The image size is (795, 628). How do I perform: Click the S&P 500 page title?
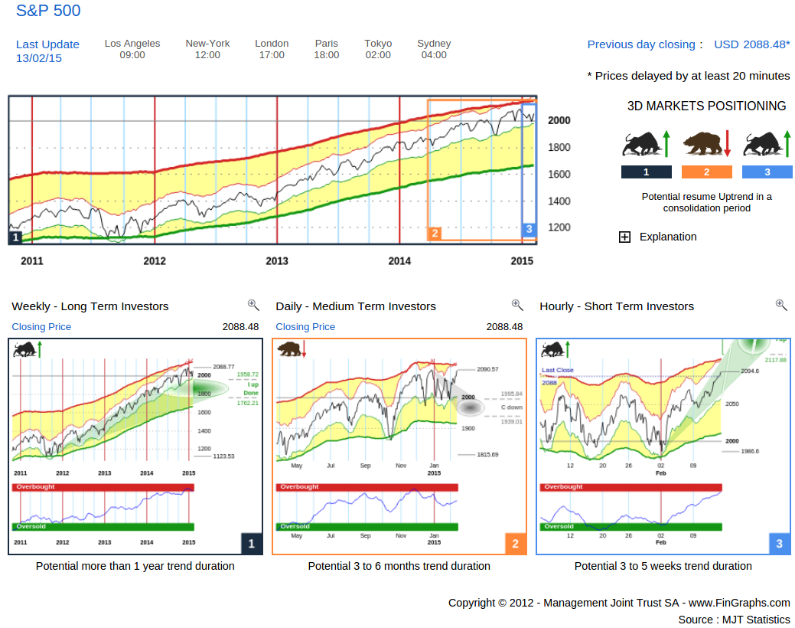coord(48,11)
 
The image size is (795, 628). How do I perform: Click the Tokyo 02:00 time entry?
coord(378,49)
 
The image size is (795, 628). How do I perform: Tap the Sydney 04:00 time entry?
coord(434,49)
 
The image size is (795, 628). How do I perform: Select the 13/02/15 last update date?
coord(39,58)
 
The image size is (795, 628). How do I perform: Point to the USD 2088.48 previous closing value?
coord(751,44)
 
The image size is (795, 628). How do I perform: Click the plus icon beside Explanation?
coord(624,237)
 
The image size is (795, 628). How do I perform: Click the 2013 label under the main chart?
coord(277,261)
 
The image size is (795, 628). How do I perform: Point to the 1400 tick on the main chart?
coord(559,201)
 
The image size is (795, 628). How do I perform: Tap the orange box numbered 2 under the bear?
coord(706,172)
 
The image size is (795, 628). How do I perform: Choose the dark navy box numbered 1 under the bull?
coord(647,172)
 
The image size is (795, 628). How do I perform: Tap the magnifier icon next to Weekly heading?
coord(253,305)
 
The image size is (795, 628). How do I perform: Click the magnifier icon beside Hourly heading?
coord(781,305)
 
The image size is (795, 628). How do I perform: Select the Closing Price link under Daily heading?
coord(305,327)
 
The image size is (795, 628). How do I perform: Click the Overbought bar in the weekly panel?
coord(103,487)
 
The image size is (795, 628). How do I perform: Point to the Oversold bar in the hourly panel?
coord(630,527)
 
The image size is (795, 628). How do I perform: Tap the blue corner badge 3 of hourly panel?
coord(780,544)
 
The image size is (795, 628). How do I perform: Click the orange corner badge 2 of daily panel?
coord(516,544)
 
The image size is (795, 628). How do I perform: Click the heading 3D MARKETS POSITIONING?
coord(706,106)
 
